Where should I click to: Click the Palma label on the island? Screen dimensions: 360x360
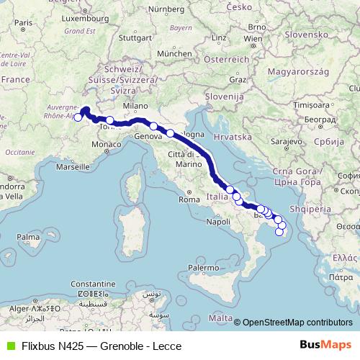[30, 236]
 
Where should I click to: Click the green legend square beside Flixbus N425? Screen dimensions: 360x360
[9, 346]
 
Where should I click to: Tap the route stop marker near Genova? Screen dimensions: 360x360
[153, 127]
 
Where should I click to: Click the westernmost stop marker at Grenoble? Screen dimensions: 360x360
[78, 117]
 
